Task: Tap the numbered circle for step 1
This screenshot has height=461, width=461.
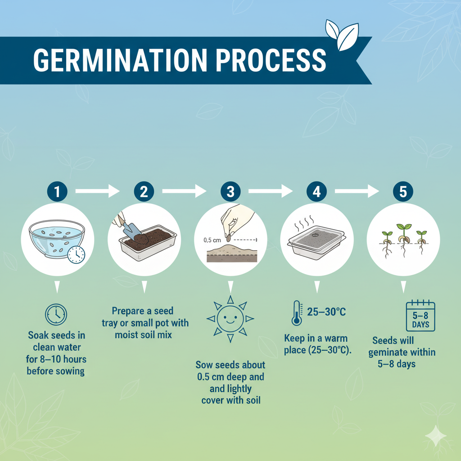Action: (57, 192)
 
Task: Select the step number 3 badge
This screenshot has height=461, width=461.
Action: (230, 192)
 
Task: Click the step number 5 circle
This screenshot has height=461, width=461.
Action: (403, 192)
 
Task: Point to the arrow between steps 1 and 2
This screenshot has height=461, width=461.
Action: (97, 192)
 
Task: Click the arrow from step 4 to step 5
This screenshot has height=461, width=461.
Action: (357, 192)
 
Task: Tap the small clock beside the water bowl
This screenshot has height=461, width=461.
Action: (77, 254)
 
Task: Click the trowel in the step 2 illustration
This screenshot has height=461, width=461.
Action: (128, 230)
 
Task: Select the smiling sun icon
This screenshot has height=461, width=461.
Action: (230, 319)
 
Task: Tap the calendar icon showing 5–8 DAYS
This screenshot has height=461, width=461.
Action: (420, 316)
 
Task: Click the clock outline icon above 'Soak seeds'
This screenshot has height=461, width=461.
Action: (56, 315)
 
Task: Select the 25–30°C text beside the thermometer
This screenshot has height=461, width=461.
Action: (326, 312)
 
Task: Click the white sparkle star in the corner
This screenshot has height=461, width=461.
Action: (436, 436)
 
